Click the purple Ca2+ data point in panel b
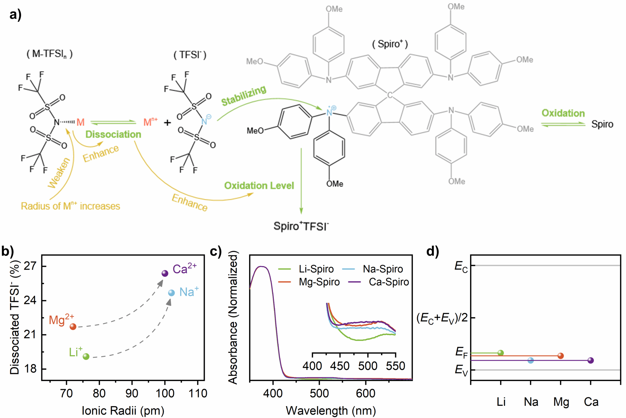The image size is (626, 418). pos(165,273)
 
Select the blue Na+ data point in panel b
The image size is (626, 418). pos(171,293)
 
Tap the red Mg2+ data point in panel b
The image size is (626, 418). pos(73,327)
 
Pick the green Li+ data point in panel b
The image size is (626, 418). pos(86,356)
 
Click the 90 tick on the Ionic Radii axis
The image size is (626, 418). pos(132,393)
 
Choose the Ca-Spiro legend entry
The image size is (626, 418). pos(379,282)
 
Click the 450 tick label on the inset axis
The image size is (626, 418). pos(340,366)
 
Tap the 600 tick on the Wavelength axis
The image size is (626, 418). pos(366,393)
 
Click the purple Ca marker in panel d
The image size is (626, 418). pos(591,360)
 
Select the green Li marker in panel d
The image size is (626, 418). pos(500,353)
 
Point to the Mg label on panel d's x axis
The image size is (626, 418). pos(561,402)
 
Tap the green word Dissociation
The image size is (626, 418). pos(113,134)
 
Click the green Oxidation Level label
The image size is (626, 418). pos(259,185)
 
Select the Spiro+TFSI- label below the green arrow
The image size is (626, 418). pos(301,226)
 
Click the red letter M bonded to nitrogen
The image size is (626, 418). pos(80,122)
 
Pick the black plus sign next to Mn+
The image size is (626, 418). pos(167,123)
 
